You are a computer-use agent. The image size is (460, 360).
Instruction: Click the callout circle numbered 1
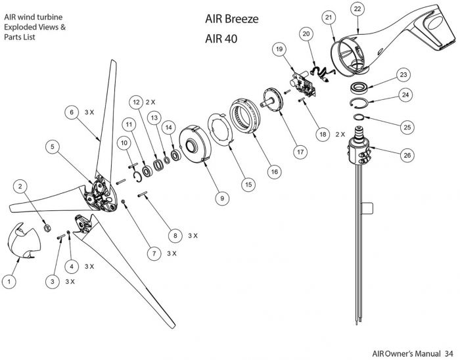(x=9, y=281)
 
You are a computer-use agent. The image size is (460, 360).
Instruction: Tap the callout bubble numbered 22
(x=357, y=9)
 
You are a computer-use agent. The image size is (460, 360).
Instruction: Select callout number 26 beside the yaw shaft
(x=407, y=154)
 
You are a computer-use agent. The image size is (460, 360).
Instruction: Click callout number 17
(x=300, y=151)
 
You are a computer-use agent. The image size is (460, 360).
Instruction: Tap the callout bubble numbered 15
(x=248, y=185)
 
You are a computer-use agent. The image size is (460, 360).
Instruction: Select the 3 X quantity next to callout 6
(x=90, y=112)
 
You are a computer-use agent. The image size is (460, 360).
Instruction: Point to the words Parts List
(x=19, y=37)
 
